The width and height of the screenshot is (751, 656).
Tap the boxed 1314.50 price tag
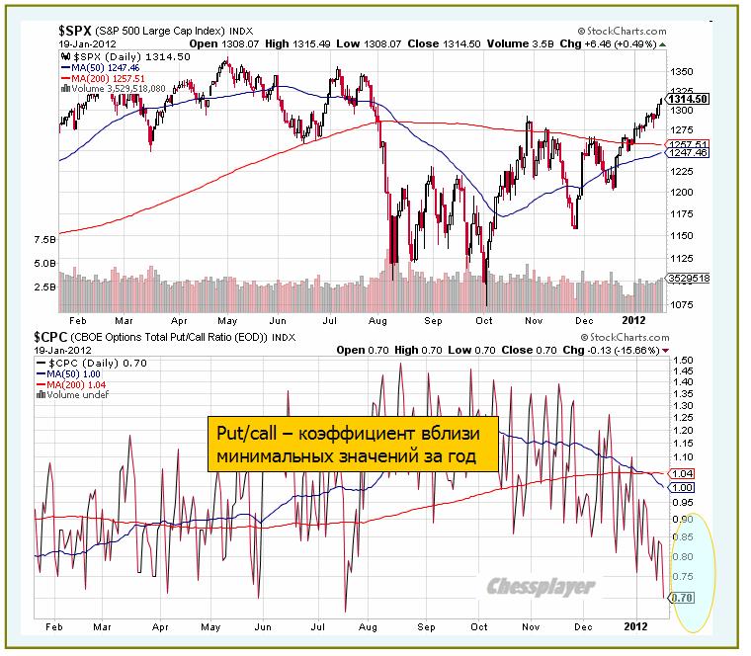[688, 99]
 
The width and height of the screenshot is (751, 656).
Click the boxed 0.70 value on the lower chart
[680, 598]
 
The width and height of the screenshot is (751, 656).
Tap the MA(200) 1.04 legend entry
[72, 383]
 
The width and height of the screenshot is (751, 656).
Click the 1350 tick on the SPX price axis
[681, 72]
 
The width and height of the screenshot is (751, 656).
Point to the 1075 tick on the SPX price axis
[681, 305]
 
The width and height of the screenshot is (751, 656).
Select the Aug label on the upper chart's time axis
[376, 320]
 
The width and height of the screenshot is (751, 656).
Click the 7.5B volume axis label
[44, 240]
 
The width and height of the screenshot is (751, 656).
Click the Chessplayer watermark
[542, 588]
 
